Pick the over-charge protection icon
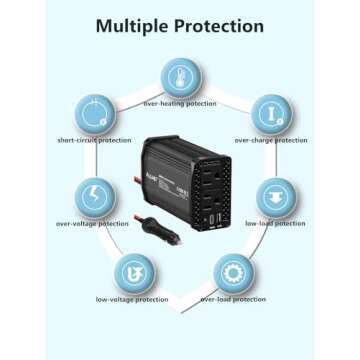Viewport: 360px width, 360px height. click(x=269, y=112)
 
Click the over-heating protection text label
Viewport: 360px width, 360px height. click(x=180, y=103)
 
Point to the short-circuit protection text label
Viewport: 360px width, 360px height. click(x=93, y=141)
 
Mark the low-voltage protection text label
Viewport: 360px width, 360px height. click(x=131, y=300)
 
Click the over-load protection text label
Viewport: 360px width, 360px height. click(x=233, y=300)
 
